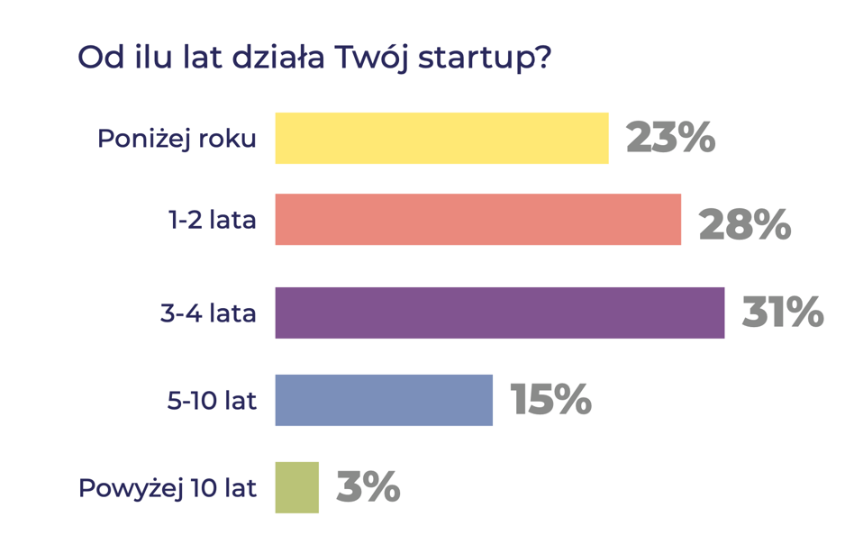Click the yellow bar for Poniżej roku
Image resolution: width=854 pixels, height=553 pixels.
pos(441,138)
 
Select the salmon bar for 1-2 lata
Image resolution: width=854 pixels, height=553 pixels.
pos(477,219)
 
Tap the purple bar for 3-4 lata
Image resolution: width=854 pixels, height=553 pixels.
pos(499,313)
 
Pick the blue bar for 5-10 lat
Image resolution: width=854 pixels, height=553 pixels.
pos(384,400)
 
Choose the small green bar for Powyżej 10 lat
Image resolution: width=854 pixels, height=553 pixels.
pos(296,487)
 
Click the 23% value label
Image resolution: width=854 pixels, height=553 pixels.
pos(670,138)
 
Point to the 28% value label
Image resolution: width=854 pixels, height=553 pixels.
pos(744,224)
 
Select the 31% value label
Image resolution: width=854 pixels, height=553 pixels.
pos(782,313)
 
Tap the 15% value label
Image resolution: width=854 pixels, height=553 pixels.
pos(550,400)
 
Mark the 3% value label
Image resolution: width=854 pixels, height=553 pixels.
pos(368,487)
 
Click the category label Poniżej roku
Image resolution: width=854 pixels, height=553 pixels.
pos(177,139)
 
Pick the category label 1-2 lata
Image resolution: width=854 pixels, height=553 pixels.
pos(213,220)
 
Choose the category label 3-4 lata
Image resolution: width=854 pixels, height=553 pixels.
pos(208,313)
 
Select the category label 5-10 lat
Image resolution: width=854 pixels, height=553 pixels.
pos(212,401)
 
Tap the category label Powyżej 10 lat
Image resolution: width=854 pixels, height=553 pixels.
pos(168,488)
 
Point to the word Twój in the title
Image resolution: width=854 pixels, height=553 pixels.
pos(372,59)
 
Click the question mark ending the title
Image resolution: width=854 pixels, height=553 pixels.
pos(541,57)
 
